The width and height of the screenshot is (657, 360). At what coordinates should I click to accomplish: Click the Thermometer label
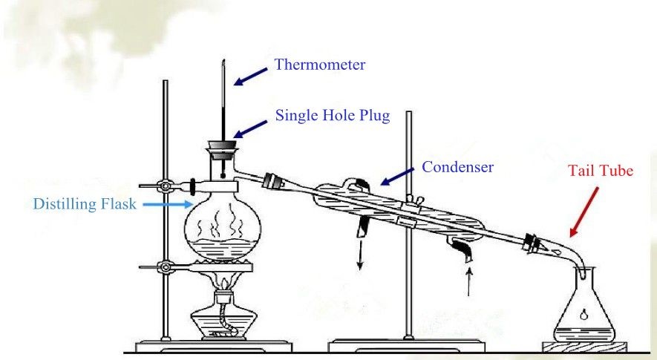pos(320,65)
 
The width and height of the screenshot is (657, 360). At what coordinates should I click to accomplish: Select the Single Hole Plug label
pos(333,116)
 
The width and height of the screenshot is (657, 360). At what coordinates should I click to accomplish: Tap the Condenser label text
pos(457,167)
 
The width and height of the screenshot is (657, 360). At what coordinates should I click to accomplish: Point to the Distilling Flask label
pos(85,203)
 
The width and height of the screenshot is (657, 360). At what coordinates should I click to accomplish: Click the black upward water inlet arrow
pos(468,282)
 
